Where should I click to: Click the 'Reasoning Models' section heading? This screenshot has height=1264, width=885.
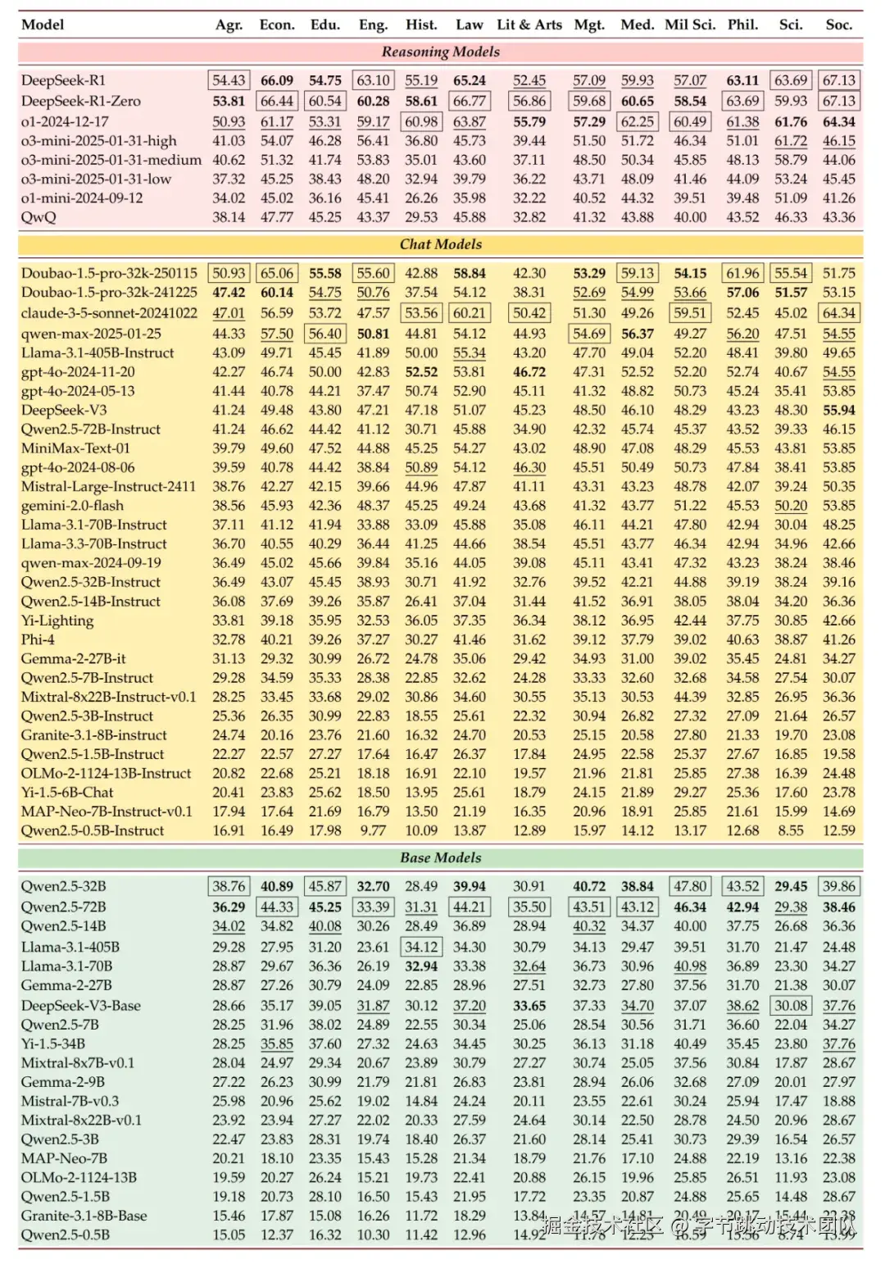point(440,52)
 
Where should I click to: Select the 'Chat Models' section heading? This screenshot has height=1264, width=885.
point(440,244)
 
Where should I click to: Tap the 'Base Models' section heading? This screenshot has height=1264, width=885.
point(440,857)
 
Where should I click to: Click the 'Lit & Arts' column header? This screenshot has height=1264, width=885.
point(529,25)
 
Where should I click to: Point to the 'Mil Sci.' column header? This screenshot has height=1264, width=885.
point(690,25)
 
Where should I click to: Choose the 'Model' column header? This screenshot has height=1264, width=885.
point(43,25)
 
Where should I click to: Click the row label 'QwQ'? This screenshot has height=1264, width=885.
point(39,217)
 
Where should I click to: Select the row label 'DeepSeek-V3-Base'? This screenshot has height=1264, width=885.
point(81,1006)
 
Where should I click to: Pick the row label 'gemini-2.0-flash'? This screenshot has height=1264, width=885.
point(72,506)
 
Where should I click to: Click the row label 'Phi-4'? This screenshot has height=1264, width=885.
point(38,639)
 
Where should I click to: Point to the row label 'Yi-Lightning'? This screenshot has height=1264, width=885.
point(57,621)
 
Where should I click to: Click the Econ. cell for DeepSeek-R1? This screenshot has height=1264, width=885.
point(277,80)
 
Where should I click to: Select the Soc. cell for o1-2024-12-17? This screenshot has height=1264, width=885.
point(839,122)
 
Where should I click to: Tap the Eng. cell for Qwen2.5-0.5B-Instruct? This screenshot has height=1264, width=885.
point(373,830)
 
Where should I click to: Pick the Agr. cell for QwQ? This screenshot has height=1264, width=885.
point(229,217)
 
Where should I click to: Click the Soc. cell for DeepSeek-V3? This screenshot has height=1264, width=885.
point(839,410)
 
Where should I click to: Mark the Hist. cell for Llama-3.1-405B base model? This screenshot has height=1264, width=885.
point(421,947)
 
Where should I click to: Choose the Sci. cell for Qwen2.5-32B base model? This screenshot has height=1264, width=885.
point(791,886)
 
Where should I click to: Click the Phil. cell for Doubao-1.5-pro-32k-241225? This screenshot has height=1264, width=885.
point(742,293)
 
